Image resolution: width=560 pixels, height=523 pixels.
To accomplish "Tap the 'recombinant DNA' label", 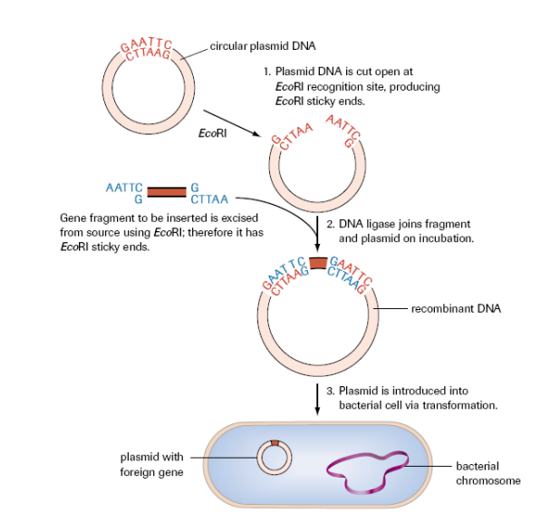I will click(456, 309).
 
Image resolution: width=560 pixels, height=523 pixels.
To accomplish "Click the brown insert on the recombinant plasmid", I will click(317, 263).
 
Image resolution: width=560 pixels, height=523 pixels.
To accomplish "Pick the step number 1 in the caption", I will click(267, 71).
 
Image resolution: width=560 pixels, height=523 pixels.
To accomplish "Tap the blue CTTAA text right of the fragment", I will click(208, 199).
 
